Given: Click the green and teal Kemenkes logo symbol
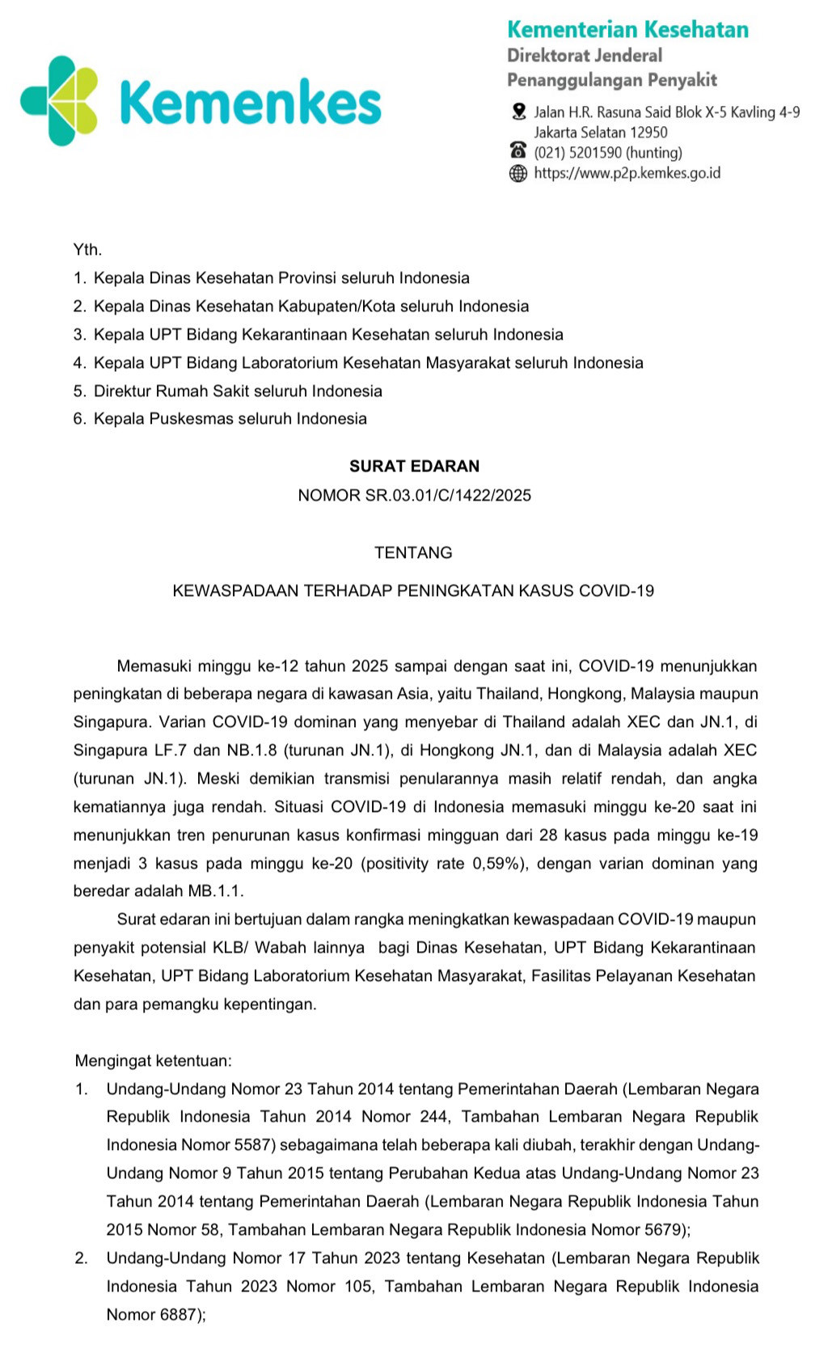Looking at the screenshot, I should point(59,101).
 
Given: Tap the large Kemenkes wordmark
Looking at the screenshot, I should point(250,104).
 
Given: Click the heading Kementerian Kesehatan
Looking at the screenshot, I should point(627,30).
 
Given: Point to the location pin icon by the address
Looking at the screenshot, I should point(519,112).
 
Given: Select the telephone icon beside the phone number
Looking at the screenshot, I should point(518,151).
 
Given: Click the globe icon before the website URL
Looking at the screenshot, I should point(518,173).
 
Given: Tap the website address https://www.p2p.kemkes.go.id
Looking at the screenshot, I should point(627,173).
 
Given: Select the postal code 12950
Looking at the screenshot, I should point(648,133).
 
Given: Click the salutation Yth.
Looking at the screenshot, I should point(87,250).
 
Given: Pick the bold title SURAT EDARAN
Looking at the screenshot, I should point(414,466).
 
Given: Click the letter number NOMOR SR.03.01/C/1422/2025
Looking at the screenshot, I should point(414,496).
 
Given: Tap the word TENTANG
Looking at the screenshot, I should point(413,553).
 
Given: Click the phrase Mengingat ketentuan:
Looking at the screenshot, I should point(153,1060).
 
